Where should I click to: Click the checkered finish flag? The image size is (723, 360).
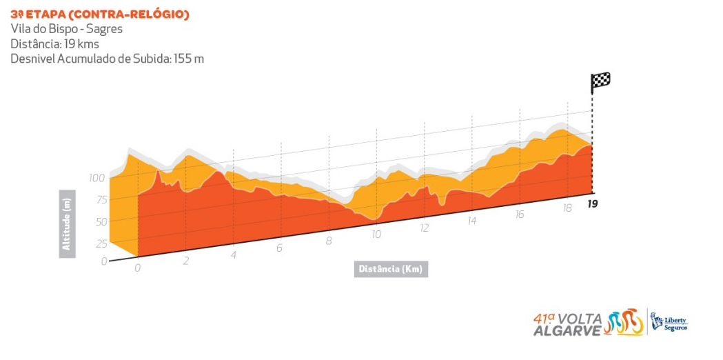(600, 81)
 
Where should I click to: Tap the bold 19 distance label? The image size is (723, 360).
(592, 203)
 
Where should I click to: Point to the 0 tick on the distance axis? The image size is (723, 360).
(137, 268)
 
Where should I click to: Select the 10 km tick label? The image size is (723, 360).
(376, 234)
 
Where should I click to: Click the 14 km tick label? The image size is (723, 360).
(471, 221)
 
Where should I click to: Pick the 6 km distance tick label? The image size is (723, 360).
(280, 248)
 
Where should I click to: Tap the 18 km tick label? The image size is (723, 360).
(567, 208)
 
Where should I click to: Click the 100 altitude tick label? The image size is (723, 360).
(96, 178)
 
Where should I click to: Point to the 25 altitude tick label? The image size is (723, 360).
(101, 243)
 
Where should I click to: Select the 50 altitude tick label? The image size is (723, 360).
(101, 222)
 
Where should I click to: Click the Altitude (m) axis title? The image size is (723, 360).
(67, 223)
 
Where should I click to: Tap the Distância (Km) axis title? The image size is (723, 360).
(391, 269)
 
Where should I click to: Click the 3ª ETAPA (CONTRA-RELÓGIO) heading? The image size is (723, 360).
(100, 14)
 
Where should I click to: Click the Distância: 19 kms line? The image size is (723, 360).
(54, 44)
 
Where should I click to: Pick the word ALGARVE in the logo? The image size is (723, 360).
(567, 330)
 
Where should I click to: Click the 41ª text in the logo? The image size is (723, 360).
(544, 318)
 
